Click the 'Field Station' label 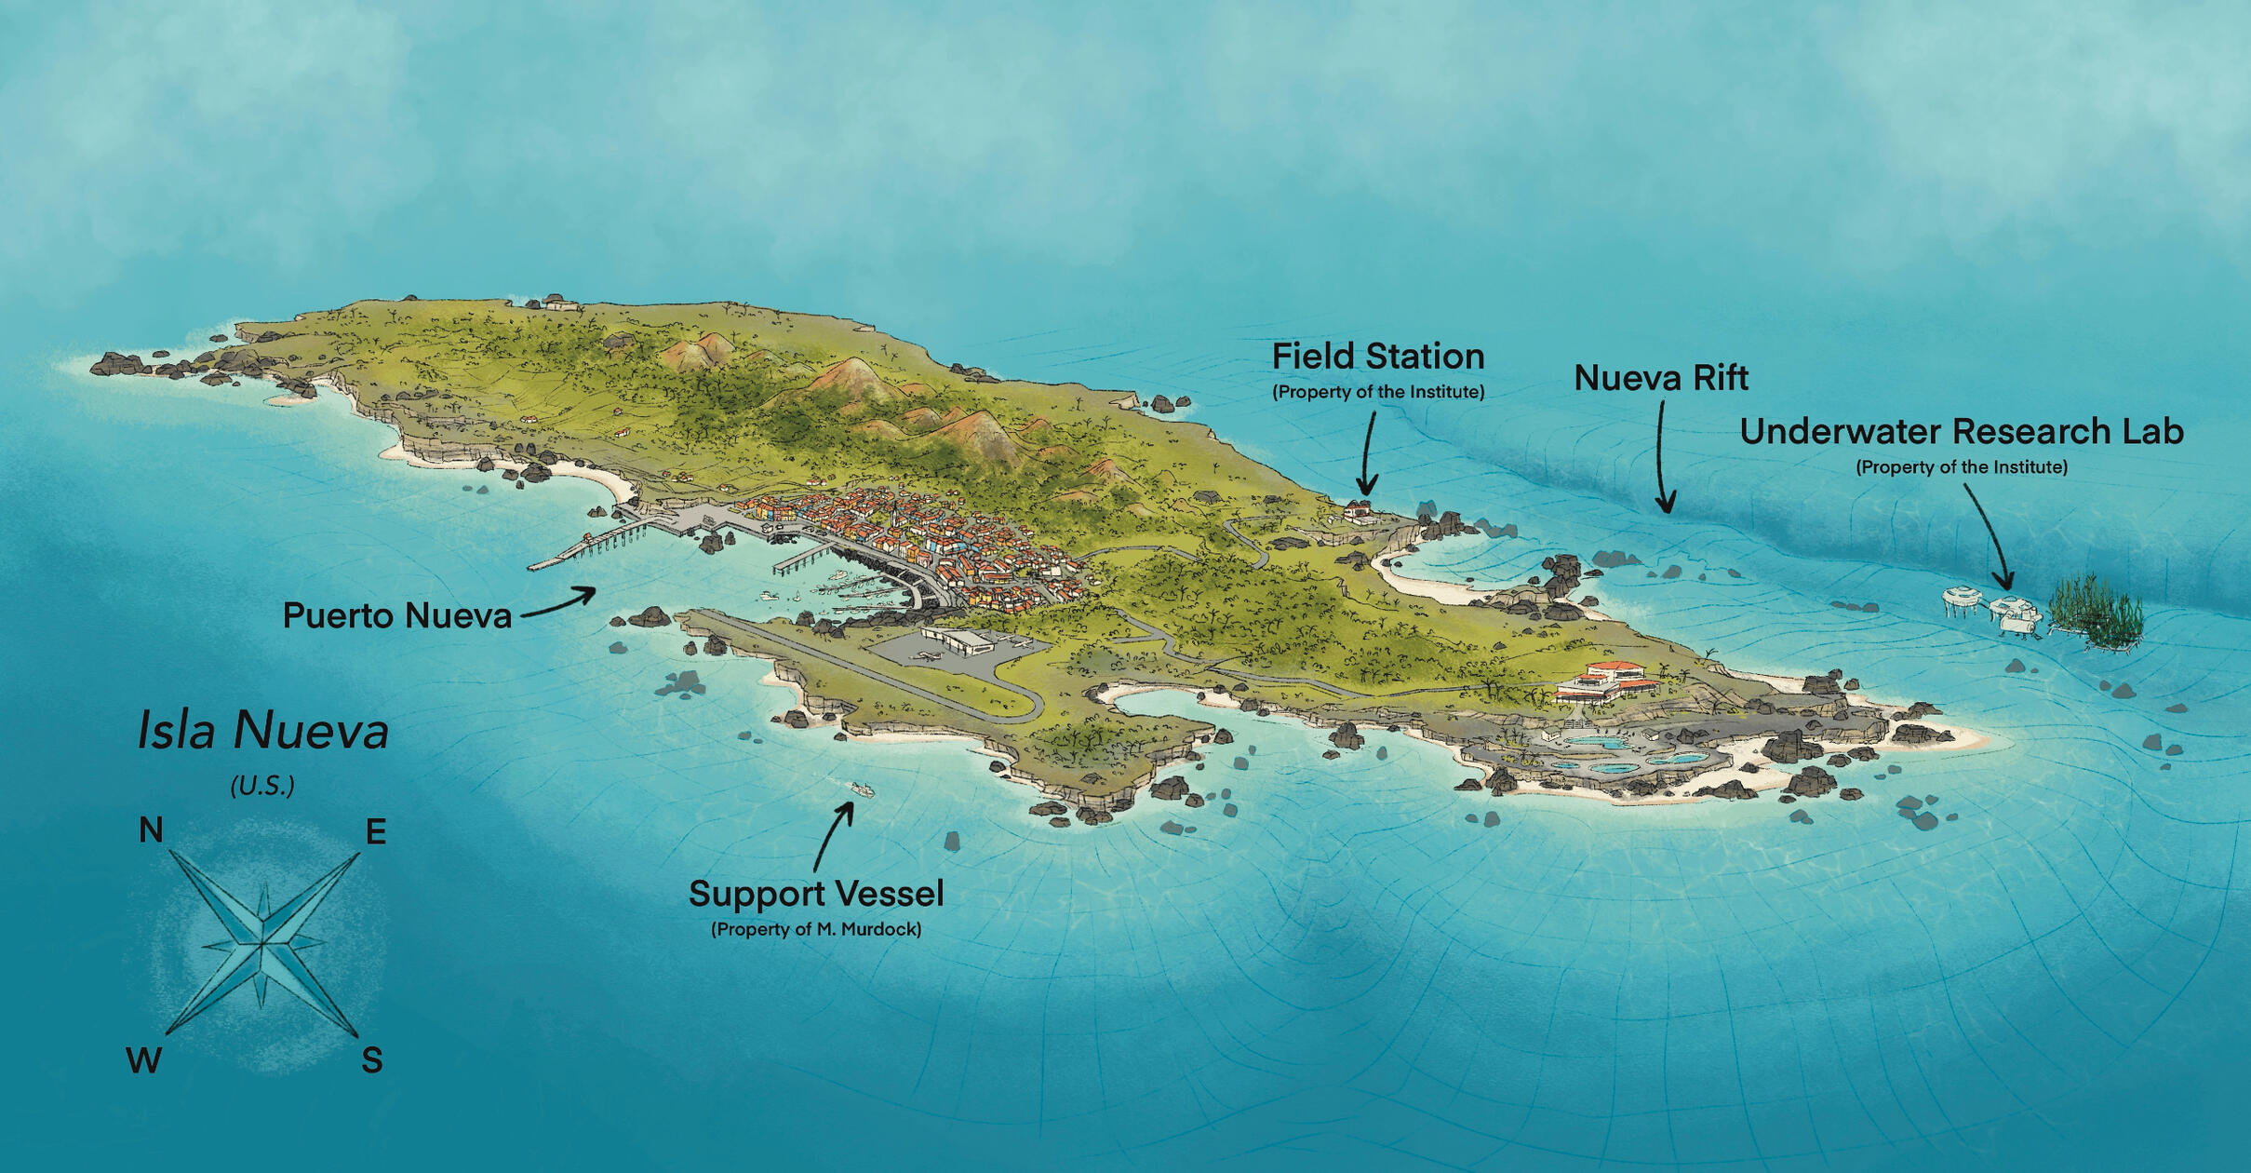(1377, 357)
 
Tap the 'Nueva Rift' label (1660, 378)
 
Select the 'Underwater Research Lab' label (1961, 432)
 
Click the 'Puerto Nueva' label (396, 616)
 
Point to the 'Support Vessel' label (816, 894)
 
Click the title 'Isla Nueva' (263, 731)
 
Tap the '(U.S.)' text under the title (262, 786)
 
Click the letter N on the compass (151, 829)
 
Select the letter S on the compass (371, 1060)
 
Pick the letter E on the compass (375, 831)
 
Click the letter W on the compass (143, 1060)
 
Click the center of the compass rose (263, 944)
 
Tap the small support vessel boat (862, 790)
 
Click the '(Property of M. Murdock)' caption (816, 929)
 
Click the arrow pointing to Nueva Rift (1662, 456)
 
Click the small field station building (1358, 509)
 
